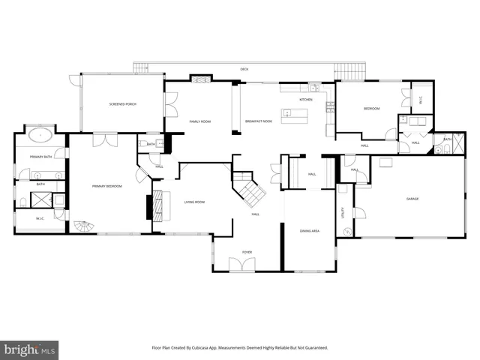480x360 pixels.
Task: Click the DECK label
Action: pos(244,69)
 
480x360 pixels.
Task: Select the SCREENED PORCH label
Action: pos(122,103)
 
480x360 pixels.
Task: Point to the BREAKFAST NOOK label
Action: pos(258,121)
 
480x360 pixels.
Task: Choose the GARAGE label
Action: pos(412,199)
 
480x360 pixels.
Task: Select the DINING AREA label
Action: pos(310,231)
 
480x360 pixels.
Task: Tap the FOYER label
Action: pos(247,252)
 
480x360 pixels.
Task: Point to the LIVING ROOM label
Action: pos(195,202)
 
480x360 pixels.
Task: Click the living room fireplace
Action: pos(157,204)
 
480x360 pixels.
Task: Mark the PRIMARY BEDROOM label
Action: pos(106,185)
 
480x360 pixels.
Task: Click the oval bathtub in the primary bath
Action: pos(40,136)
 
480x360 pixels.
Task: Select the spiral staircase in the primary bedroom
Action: pos(80,226)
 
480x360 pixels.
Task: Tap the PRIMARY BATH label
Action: pos(40,157)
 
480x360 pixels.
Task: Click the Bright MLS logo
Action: pos(29,349)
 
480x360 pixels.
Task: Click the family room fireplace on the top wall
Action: pos(200,77)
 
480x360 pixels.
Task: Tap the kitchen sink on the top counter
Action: pos(315,88)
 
